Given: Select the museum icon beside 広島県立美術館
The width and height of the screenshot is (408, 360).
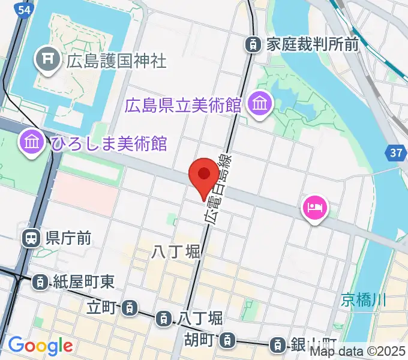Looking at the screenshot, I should coord(261,104).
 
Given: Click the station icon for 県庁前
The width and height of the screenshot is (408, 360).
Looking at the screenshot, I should coord(30,239).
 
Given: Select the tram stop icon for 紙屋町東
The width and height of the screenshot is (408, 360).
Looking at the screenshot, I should coord(40,280).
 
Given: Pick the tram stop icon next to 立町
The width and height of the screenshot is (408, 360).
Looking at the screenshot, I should coord(129,308).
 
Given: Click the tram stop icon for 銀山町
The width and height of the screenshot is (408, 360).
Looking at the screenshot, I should coord(277,344).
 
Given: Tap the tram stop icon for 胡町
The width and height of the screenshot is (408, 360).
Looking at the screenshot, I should coord(226,341).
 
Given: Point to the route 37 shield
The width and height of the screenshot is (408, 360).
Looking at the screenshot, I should coord(395,154).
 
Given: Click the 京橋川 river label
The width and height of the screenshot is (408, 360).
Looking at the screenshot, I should coord(364,299).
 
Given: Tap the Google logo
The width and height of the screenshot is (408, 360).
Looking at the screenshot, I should coord(40,346).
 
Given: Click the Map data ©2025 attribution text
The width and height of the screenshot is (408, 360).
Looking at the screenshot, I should coord(358,352).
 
